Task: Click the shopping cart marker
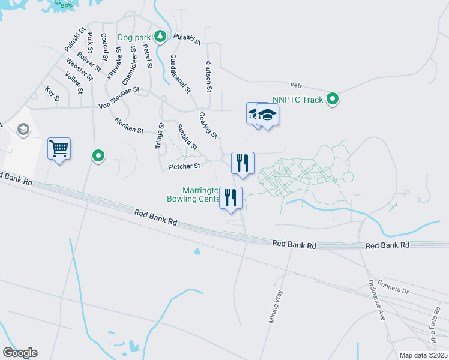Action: (59, 148)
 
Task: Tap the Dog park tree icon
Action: (160, 37)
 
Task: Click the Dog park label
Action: (134, 37)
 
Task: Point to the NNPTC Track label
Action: (297, 100)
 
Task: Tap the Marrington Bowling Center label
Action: (193, 194)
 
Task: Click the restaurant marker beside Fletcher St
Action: (243, 163)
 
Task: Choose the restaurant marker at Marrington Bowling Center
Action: (231, 197)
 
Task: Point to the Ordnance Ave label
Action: (376, 301)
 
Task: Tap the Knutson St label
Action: (209, 76)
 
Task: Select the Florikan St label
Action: (129, 125)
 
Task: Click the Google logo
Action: (20, 353)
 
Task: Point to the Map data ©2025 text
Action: (423, 355)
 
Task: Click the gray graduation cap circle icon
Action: (23, 130)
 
